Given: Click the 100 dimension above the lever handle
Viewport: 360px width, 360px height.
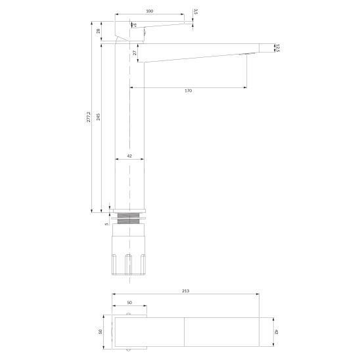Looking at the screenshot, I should tap(149, 11).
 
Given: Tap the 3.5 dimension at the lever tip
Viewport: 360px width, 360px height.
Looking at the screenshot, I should tap(195, 11).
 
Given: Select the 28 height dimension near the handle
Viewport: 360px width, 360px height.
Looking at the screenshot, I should tap(99, 31).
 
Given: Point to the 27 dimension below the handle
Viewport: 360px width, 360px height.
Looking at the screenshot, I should tap(135, 52).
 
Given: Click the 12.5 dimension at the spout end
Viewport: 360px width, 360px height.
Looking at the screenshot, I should tap(278, 47).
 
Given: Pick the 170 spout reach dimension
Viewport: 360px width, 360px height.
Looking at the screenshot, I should tap(189, 91).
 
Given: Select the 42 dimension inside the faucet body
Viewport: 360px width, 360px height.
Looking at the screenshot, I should tap(129, 156).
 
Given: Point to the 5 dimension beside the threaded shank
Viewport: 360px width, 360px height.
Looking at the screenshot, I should tap(106, 224).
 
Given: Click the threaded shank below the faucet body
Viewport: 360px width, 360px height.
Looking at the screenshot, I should tap(129, 218).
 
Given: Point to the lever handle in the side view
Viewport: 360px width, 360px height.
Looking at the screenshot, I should tap(158, 26).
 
